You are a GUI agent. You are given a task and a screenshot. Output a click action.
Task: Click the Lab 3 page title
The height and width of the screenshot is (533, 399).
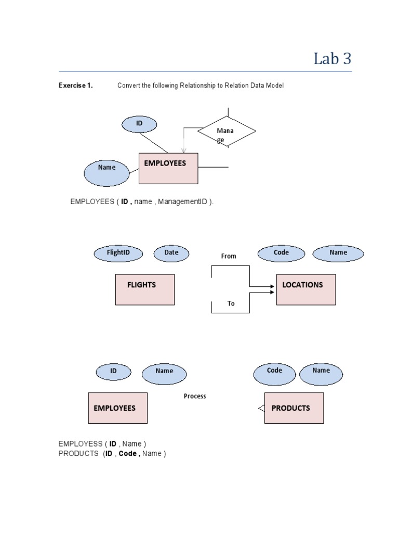pyautogui.click(x=332, y=59)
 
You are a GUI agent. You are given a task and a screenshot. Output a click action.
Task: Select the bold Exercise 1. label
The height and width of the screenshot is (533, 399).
pyautogui.click(x=75, y=86)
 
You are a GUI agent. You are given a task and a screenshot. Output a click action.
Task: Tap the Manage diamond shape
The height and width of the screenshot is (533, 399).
pyautogui.click(x=227, y=132)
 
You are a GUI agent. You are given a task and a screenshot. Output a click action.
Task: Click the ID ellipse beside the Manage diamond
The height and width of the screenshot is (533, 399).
pyautogui.click(x=139, y=124)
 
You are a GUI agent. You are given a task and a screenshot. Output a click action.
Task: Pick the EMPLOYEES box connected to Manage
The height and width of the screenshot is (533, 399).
pyautogui.click(x=168, y=168)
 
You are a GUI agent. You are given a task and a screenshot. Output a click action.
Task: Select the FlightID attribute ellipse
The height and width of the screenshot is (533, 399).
pyautogui.click(x=118, y=253)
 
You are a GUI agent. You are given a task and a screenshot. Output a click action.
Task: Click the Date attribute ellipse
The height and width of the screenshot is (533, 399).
pyautogui.click(x=171, y=253)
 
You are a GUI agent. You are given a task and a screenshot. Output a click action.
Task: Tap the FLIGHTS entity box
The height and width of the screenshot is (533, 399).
pyautogui.click(x=145, y=289)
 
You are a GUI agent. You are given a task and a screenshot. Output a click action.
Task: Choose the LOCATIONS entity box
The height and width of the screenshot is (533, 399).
pyautogui.click(x=306, y=289)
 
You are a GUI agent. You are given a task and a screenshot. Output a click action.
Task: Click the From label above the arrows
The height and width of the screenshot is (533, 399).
pyautogui.click(x=229, y=256)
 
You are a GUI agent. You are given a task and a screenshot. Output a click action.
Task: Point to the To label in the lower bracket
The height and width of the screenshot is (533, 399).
pyautogui.click(x=231, y=303)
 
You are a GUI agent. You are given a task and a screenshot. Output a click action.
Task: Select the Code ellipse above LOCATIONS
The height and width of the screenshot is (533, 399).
pyautogui.click(x=281, y=253)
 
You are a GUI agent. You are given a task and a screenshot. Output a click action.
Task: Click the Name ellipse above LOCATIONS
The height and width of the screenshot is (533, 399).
pyautogui.click(x=338, y=253)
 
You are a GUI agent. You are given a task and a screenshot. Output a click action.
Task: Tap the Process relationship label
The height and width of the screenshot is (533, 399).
pyautogui.click(x=195, y=396)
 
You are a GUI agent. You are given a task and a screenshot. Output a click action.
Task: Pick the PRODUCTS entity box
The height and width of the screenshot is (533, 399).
pyautogui.click(x=294, y=408)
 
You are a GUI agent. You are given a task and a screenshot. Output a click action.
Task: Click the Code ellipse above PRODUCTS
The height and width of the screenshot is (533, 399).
pyautogui.click(x=274, y=371)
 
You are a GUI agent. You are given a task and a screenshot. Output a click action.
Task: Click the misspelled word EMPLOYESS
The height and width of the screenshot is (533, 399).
pyautogui.click(x=81, y=443)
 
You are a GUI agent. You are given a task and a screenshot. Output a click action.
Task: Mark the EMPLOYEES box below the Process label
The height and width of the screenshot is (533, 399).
pyautogui.click(x=118, y=408)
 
